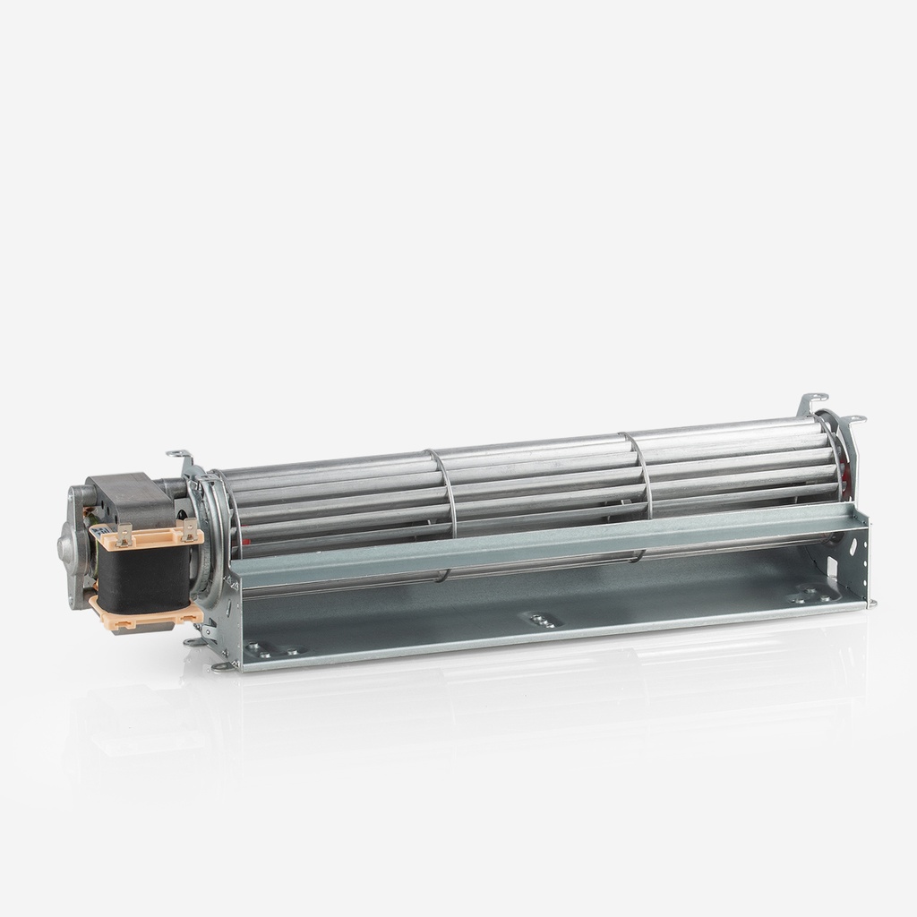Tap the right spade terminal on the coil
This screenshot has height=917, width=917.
[189, 530]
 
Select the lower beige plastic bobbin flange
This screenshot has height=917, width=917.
[143, 617]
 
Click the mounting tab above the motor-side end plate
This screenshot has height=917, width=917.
[179, 456]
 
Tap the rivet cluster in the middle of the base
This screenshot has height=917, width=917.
[541, 620]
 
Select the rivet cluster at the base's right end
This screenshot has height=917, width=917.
[810, 595]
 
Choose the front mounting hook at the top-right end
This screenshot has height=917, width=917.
[853, 421]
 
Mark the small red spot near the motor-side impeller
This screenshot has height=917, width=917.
[242, 542]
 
